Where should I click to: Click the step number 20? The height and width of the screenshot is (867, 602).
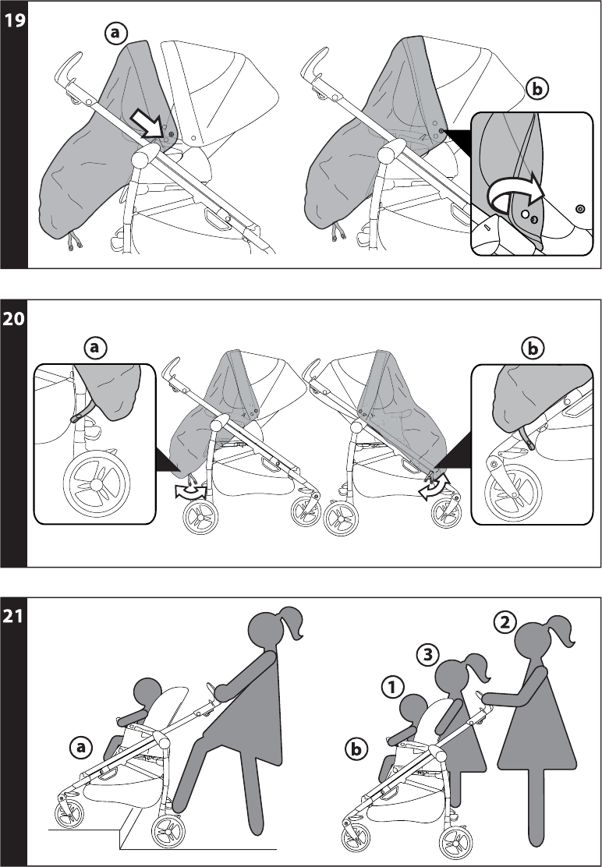point(14,319)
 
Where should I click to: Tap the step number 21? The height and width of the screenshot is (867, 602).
point(13,617)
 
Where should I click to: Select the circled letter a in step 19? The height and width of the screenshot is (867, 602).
point(115,34)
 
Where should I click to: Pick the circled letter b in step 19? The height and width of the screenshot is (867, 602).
point(536,89)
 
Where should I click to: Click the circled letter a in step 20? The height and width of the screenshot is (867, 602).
point(96,347)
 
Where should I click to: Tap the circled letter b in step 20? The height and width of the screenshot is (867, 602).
point(533,349)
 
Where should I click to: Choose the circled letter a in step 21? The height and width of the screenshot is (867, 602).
point(81,748)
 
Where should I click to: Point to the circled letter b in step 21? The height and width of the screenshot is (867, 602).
point(356,750)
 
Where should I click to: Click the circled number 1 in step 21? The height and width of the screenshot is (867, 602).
point(392,688)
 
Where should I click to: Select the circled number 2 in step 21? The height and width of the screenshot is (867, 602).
point(505,623)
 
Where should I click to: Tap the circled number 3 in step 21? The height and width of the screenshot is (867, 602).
point(427,655)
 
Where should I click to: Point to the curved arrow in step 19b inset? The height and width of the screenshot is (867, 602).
point(515,192)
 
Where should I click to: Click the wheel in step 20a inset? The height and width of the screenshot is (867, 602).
point(97,483)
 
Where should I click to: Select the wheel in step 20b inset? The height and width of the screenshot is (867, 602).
point(514,493)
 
